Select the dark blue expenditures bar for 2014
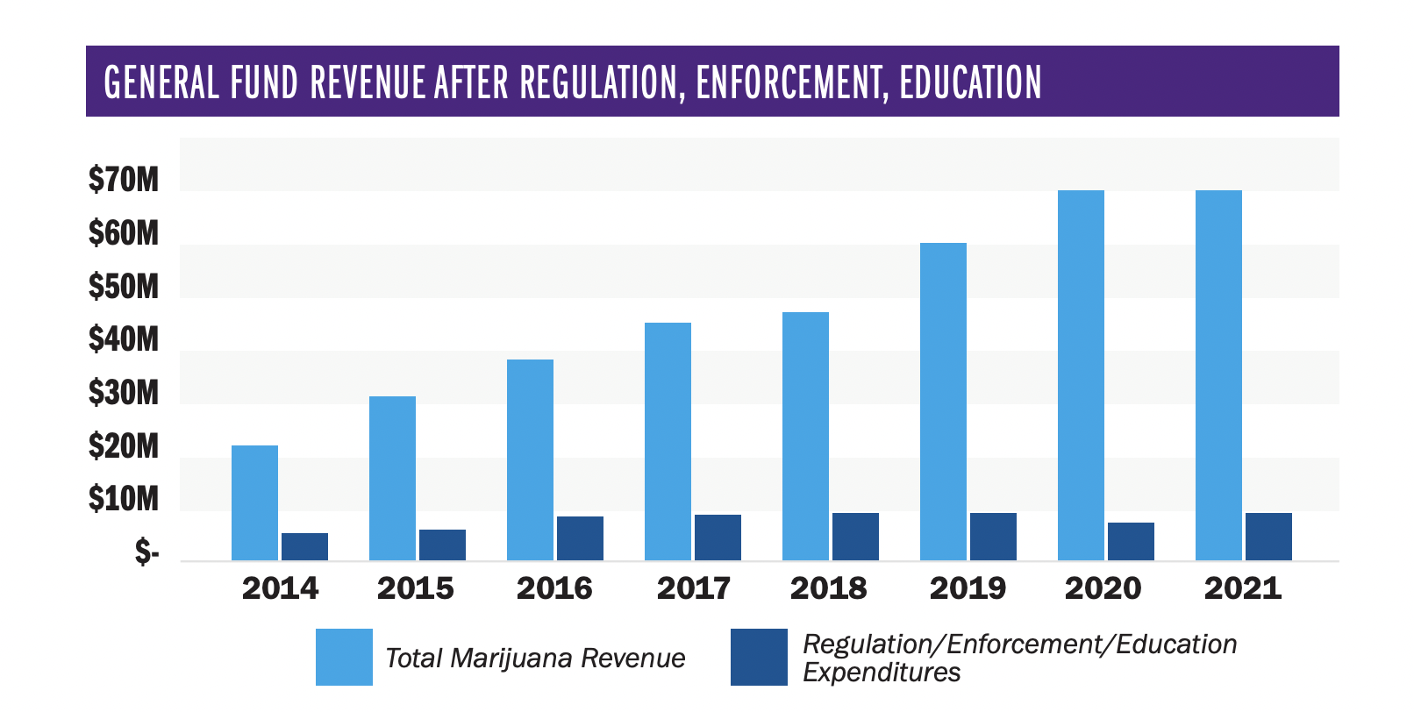tap(304, 546)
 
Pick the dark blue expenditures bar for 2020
tap(1131, 541)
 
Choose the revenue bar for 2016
tap(530, 459)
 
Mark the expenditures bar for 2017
tap(718, 537)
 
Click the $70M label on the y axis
tap(124, 180)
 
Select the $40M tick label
tap(124, 339)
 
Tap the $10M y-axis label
tap(124, 499)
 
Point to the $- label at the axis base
tap(146, 552)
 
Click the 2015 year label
tap(416, 588)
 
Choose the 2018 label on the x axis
tap(829, 588)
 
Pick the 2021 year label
tap(1243, 588)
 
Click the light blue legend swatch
tap(344, 657)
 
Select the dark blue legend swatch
tap(759, 657)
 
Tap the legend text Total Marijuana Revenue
tap(535, 659)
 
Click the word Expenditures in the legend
tap(882, 673)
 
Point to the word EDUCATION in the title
tap(970, 82)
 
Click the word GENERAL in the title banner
tap(161, 82)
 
